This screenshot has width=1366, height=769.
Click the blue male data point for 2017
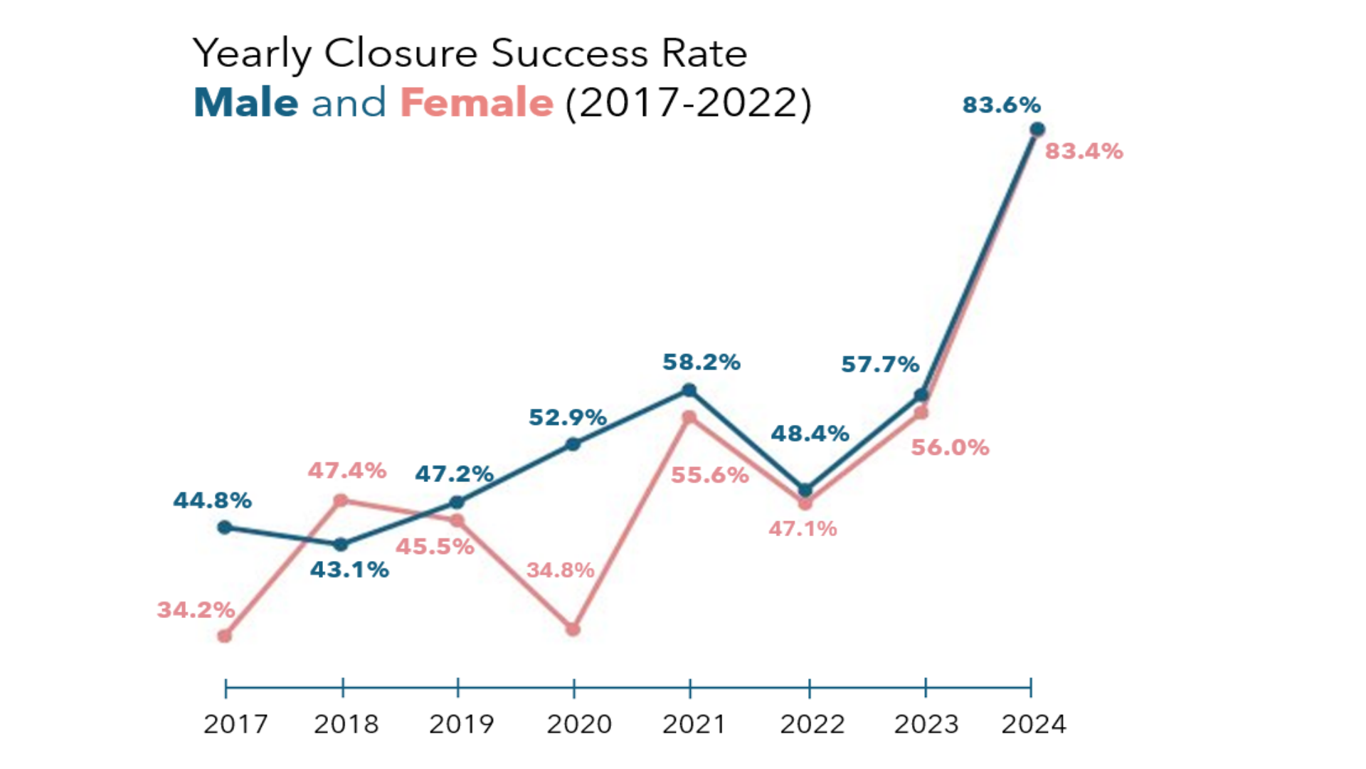[x=225, y=528]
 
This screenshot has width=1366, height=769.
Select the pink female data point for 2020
[x=573, y=629]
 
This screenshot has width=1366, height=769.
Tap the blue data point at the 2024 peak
[x=1037, y=130]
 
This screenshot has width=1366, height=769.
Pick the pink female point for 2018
[x=341, y=501]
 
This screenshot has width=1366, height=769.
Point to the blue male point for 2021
[x=689, y=390]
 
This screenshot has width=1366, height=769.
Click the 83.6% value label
[x=1001, y=105]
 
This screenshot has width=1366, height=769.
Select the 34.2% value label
[x=196, y=610]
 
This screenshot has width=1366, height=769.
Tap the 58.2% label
[x=701, y=362]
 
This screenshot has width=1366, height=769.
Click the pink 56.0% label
[x=950, y=448]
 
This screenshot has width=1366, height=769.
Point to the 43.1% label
[x=349, y=570]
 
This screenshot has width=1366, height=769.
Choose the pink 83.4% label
[x=1084, y=152]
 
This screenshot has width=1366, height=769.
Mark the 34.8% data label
[x=560, y=570]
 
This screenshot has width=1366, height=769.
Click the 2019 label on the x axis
[x=461, y=725]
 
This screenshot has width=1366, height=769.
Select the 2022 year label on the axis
[x=812, y=725]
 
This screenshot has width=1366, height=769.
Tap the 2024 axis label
[x=1034, y=725]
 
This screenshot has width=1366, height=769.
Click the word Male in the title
[x=246, y=103]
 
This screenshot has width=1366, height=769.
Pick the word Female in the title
[x=477, y=103]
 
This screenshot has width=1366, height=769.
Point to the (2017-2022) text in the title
[x=688, y=103]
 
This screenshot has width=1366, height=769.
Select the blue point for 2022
[x=805, y=490]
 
